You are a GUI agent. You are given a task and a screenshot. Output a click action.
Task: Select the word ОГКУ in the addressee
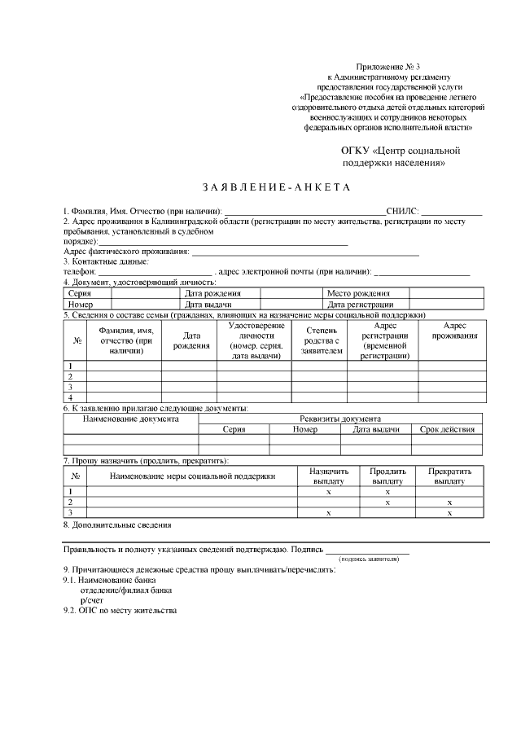tap(354, 151)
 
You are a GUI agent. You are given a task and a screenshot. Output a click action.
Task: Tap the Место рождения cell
tap(357, 293)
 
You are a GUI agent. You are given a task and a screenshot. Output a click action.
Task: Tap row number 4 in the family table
tap(71, 397)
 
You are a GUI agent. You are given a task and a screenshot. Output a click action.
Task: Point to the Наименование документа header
tap(131, 418)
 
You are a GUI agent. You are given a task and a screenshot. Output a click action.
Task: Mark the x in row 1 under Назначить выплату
tap(328, 492)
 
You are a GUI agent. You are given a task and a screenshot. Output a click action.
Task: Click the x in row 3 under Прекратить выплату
tap(449, 513)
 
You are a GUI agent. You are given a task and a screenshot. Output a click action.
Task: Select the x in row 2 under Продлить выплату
tap(387, 502)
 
